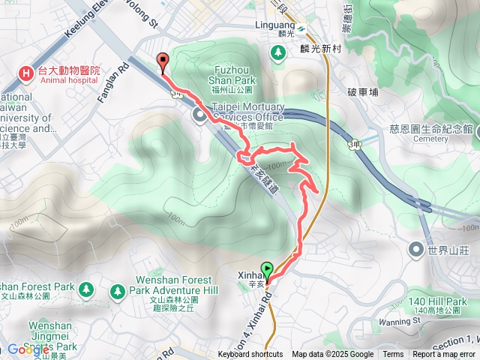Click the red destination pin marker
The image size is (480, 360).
(x=161, y=62)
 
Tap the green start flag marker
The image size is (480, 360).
(x=266, y=268)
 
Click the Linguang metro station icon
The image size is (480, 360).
(x=300, y=29)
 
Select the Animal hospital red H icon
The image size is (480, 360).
(x=26, y=73)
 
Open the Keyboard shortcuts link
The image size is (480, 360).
(x=250, y=355)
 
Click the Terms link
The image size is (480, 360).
(x=393, y=355)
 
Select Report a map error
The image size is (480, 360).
(x=444, y=355)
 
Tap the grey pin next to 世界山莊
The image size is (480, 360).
(x=416, y=248)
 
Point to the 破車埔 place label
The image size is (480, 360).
(x=363, y=93)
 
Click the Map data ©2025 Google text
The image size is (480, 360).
(x=333, y=355)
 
